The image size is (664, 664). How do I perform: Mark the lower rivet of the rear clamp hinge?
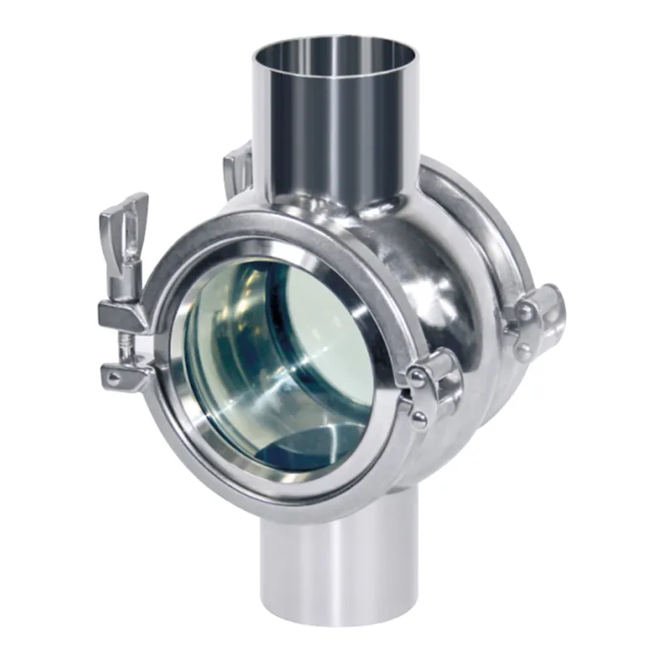click(x=524, y=350)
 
